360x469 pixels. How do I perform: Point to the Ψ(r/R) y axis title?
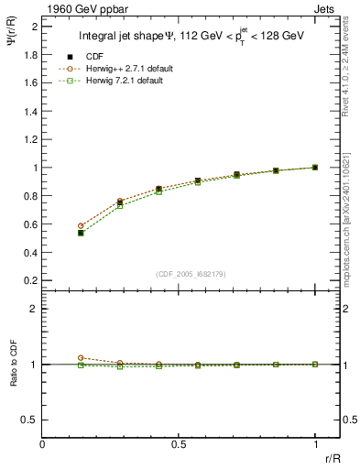pyautogui.click(x=12, y=42)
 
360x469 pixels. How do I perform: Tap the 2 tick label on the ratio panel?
pyautogui.click(x=34, y=309)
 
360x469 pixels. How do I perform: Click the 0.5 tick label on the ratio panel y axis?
pyautogui.click(x=29, y=420)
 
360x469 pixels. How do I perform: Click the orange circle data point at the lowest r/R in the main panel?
pyautogui.click(x=81, y=225)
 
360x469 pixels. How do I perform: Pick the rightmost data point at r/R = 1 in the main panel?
pyautogui.click(x=315, y=168)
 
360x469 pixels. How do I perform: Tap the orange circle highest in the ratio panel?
pyautogui.click(x=81, y=358)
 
